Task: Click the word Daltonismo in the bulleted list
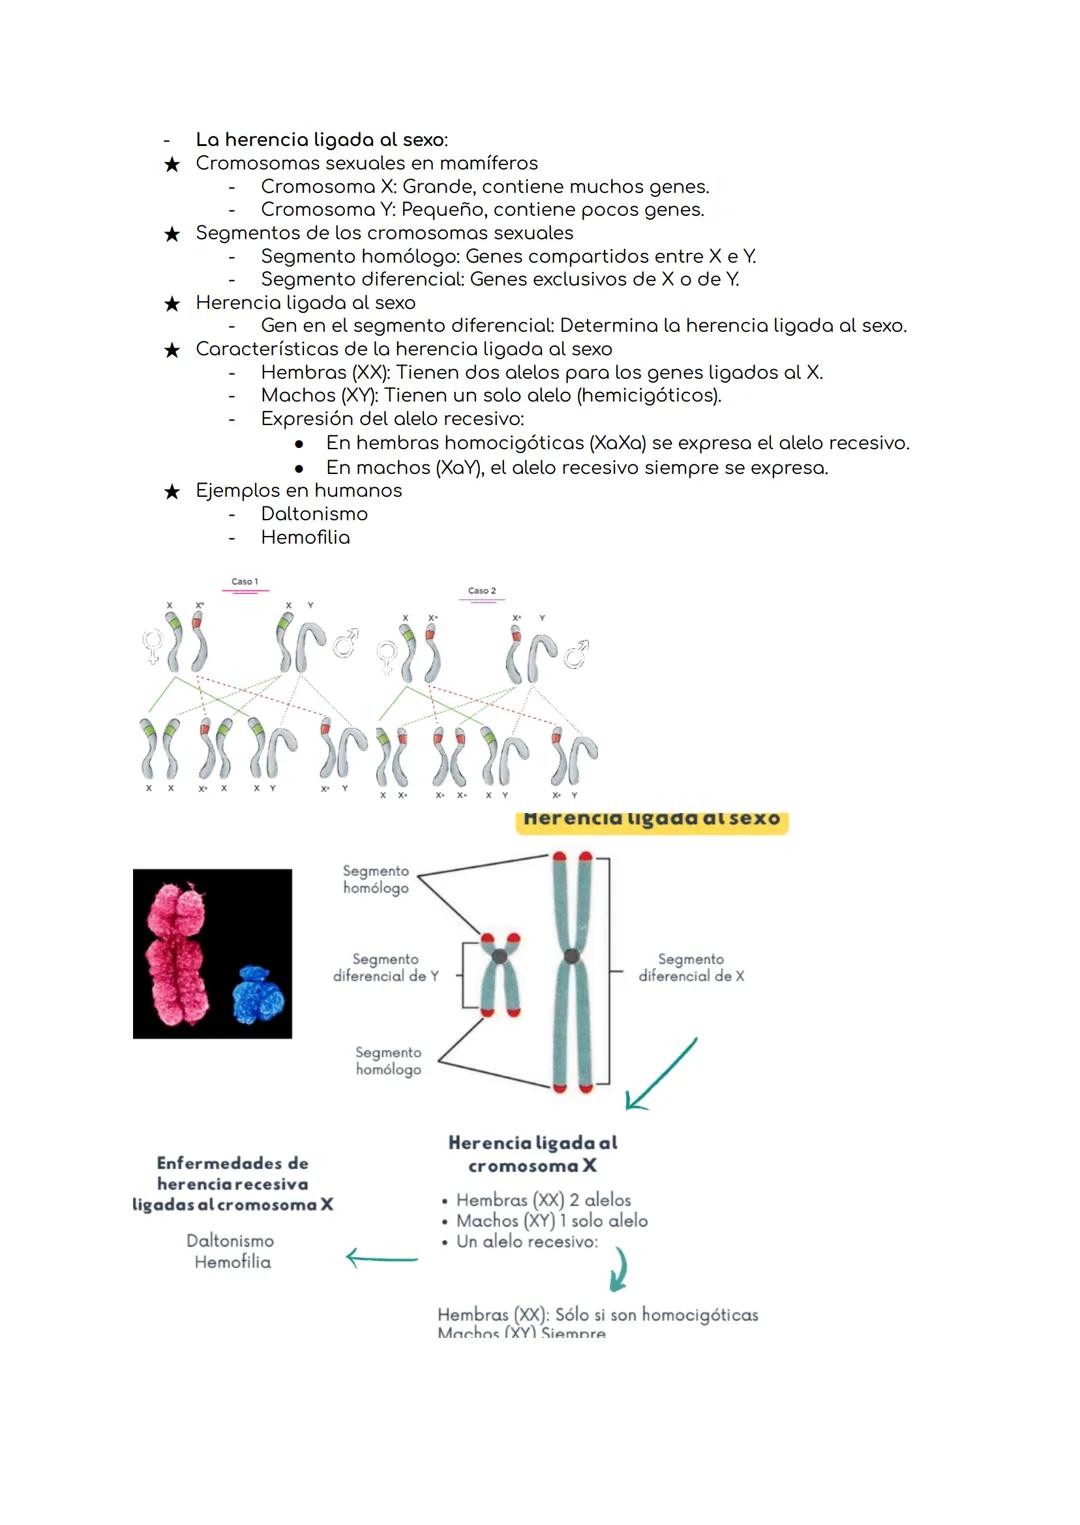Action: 314,514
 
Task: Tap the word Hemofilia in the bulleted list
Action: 305,537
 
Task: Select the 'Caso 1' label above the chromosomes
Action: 245,582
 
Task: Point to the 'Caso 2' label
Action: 482,591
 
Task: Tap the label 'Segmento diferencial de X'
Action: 691,968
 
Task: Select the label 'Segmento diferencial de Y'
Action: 386,968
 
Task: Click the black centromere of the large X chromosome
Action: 572,957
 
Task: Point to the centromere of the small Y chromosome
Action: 499,957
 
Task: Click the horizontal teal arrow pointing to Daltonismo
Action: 381,1258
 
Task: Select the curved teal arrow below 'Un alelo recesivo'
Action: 619,1269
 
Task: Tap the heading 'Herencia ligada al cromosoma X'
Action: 532,1154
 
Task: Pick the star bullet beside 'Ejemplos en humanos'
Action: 172,491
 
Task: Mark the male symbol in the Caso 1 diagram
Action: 345,642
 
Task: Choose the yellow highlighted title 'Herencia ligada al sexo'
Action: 652,819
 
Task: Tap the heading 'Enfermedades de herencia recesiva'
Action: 233,1173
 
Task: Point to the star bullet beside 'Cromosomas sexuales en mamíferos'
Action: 172,164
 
